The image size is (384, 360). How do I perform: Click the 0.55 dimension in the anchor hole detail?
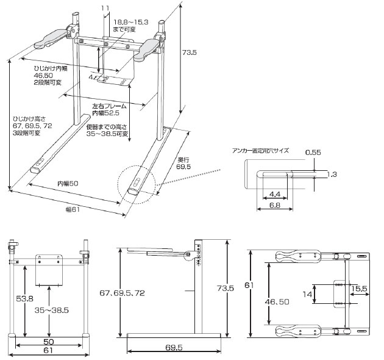[x=313, y=153]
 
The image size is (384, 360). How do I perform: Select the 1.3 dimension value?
[x=332, y=175]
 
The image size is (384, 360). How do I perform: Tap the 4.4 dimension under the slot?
[x=274, y=194]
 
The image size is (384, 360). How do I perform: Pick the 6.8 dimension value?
[x=274, y=205]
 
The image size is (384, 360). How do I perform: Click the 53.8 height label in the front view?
[x=24, y=299]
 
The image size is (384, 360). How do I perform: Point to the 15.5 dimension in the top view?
[x=359, y=289]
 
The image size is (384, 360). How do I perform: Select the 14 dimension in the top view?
[x=307, y=294]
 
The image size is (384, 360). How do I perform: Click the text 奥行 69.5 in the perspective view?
[x=183, y=164]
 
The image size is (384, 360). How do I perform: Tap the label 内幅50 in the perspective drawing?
[x=68, y=184]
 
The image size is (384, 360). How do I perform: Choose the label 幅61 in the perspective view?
[x=73, y=209]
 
